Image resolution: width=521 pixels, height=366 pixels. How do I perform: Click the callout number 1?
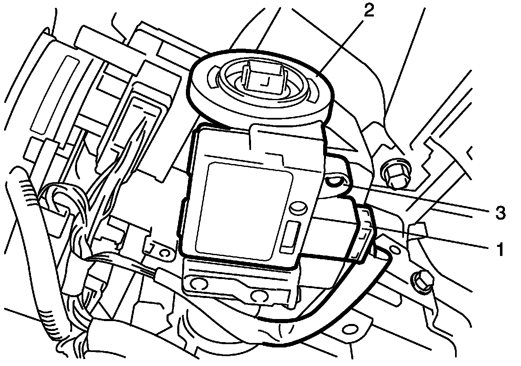point(500,249)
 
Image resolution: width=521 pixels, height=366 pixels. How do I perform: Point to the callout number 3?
point(499,213)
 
